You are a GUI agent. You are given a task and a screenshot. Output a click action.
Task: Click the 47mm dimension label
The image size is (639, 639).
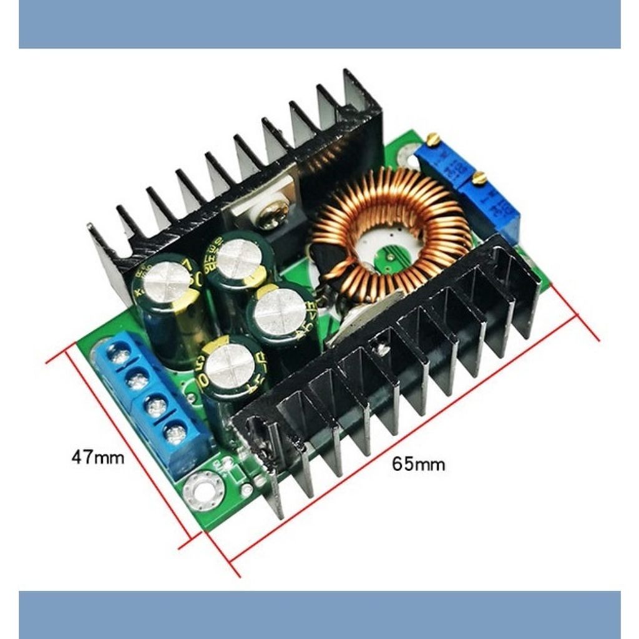click(x=97, y=457)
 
